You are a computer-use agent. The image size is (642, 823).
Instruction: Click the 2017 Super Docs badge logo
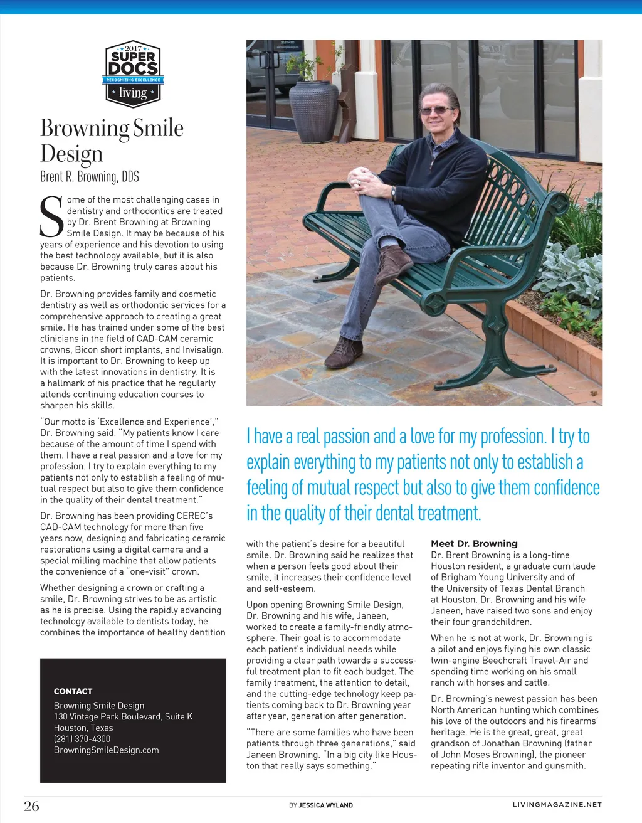(x=132, y=74)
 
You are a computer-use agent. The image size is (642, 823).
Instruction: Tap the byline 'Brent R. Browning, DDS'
(x=90, y=177)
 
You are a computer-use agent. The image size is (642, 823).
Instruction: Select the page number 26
(x=31, y=806)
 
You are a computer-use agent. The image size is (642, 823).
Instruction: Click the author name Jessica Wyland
(x=325, y=805)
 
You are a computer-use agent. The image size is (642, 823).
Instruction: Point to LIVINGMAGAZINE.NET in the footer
(x=557, y=805)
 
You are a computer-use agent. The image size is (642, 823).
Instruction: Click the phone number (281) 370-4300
(x=82, y=739)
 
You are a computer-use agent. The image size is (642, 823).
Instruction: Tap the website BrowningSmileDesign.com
(x=106, y=750)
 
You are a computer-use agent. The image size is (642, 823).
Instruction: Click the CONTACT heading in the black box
(x=73, y=691)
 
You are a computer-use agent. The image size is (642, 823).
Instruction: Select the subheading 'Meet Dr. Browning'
(x=474, y=544)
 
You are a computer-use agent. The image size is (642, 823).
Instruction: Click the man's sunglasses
(x=437, y=110)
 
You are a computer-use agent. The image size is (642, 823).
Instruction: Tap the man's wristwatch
(x=393, y=193)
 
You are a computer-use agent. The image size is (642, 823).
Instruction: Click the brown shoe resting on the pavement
(x=344, y=353)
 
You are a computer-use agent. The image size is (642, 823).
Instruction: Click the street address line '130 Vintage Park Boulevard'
(x=123, y=716)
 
